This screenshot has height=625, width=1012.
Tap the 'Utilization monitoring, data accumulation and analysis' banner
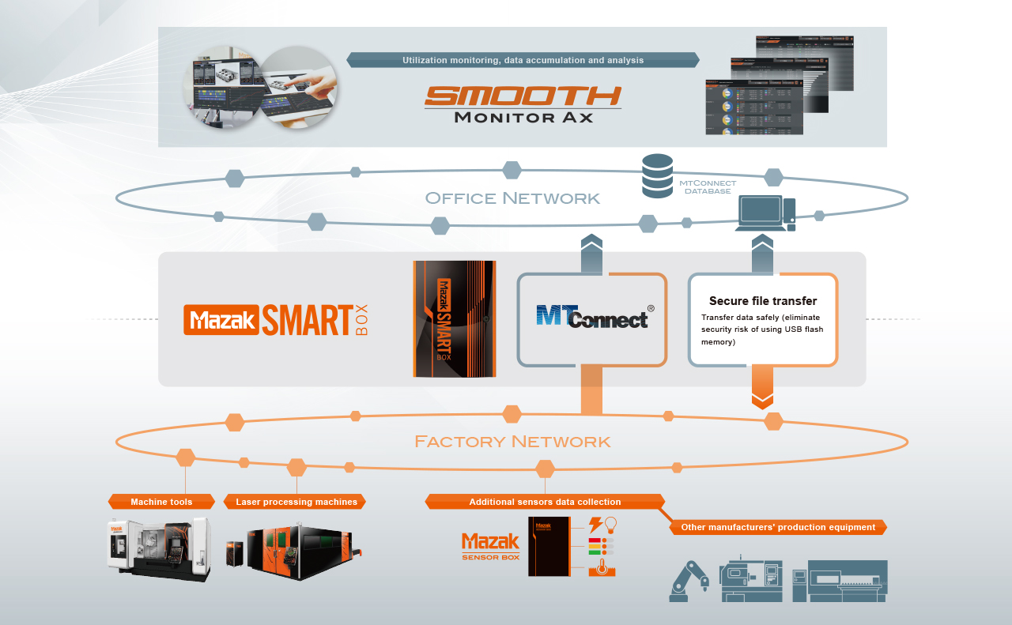(523, 60)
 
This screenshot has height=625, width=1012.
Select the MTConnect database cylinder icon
(657, 176)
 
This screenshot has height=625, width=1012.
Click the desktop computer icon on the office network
(765, 213)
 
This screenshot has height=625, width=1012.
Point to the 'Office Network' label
(512, 198)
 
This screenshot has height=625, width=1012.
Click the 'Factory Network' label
(512, 441)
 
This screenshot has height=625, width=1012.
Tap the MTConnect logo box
(592, 319)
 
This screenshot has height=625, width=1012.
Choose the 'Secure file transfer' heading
(762, 301)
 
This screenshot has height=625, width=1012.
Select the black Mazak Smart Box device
(454, 318)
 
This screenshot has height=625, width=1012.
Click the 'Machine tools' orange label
(161, 502)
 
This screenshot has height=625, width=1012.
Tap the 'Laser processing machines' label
(296, 502)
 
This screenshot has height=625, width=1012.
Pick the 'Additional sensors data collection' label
(545, 502)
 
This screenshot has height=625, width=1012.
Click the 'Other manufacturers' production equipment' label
(778, 527)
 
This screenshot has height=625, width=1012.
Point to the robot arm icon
(689, 581)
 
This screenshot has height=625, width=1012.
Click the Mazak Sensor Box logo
(490, 546)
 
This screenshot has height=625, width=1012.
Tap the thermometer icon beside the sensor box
(602, 567)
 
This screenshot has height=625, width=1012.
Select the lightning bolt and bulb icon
(602, 525)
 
